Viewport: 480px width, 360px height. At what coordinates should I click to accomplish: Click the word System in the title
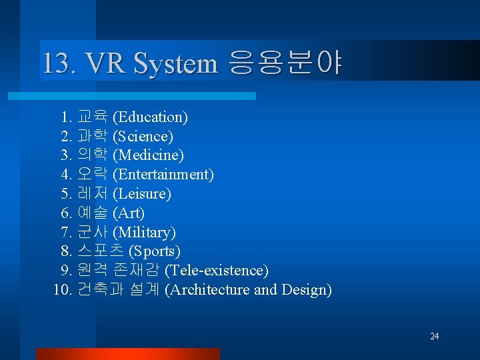pos(175,64)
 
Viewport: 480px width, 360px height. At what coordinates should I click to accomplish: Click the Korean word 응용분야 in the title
pos(285,64)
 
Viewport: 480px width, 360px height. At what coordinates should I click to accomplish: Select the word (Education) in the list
pos(150,117)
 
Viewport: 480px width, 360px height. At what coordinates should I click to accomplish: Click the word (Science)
pos(143,137)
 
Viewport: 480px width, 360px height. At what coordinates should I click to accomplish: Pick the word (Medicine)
pos(148,155)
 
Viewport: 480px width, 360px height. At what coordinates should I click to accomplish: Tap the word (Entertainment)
pos(163,175)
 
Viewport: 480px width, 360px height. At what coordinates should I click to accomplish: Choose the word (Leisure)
pos(142,194)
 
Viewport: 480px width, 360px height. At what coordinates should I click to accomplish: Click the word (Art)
pos(129,213)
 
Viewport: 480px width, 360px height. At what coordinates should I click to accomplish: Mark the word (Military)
pos(144,233)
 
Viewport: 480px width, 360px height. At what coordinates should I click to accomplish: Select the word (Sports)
pos(154,251)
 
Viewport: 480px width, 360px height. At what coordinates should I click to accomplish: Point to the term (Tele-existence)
pos(216,271)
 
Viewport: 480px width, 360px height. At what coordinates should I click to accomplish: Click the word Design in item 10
pos(307,290)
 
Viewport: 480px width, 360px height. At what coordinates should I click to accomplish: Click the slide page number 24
pos(434,336)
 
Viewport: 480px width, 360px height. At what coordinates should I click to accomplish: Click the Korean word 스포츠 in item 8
pos(100,251)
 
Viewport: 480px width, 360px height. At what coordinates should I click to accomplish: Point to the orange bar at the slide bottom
pos(127,353)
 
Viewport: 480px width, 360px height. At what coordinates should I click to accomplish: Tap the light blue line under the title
pos(147,96)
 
